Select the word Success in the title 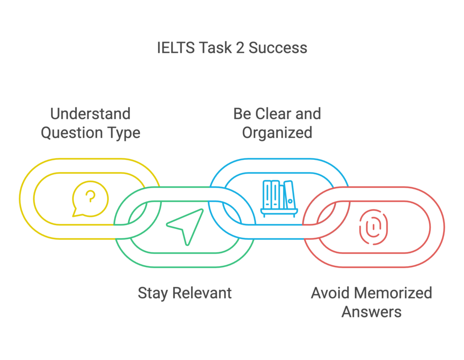[x=278, y=48]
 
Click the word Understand [x=91, y=114]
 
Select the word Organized [x=277, y=133]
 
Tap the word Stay [x=152, y=293]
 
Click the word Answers [x=371, y=312]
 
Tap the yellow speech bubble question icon [x=90, y=198]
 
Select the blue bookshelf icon [x=278, y=198]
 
